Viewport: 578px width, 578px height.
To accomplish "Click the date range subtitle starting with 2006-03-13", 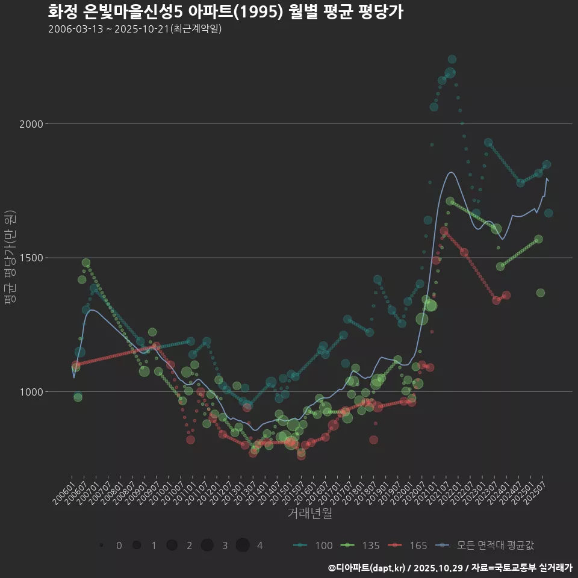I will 135,29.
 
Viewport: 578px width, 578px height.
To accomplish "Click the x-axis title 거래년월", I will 309,513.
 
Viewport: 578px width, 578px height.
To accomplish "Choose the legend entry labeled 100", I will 312,545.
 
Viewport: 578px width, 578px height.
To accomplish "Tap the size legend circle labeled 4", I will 243,545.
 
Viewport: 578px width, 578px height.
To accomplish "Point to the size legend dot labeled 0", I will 102,545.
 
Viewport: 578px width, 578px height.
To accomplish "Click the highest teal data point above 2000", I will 452,59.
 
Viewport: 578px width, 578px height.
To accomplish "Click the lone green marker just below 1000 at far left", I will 78,397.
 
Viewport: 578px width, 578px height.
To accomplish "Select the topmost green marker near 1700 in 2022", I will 450,201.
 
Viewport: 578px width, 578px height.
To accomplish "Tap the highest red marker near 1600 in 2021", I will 444,231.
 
